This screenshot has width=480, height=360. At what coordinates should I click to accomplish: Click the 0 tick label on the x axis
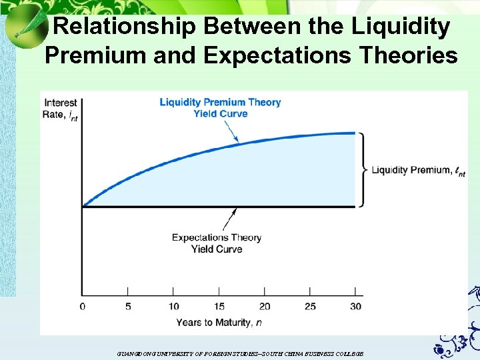(83, 307)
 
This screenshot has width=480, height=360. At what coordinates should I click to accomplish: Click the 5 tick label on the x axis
(128, 307)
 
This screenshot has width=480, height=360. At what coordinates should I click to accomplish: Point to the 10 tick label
(173, 307)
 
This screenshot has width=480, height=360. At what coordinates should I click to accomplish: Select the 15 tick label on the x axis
(219, 307)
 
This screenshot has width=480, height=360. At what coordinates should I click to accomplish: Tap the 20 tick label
(265, 307)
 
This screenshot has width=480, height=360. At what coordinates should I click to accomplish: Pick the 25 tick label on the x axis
(310, 307)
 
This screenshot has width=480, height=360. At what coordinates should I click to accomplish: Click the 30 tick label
(355, 307)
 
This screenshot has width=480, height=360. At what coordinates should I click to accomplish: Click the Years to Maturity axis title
(213, 323)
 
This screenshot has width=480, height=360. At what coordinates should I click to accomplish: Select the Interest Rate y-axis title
(61, 109)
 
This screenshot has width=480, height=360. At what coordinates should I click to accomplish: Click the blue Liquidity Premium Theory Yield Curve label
(220, 108)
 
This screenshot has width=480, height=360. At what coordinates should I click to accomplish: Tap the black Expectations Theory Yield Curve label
(217, 243)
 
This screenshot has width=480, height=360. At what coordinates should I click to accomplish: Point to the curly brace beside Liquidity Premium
(364, 169)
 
